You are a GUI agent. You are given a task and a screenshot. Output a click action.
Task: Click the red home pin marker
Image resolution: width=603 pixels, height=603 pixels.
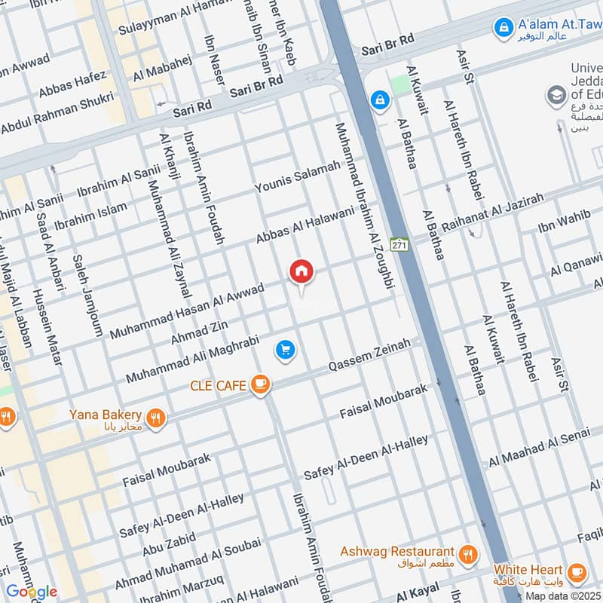[x=301, y=272]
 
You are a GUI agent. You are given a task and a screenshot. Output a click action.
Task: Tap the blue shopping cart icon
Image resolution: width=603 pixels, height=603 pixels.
[x=285, y=350]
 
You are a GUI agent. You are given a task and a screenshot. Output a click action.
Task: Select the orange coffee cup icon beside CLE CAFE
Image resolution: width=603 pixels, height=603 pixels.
[x=261, y=385]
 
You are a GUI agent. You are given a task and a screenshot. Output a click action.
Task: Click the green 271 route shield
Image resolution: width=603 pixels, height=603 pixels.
[x=399, y=244]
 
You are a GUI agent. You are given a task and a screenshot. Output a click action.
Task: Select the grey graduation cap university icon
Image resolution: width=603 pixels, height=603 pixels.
[x=556, y=96]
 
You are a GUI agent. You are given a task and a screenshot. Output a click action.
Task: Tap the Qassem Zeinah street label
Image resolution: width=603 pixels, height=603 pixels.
[x=369, y=355]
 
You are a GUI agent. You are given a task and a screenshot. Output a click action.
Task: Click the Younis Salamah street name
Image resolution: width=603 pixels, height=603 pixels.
[x=297, y=178]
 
